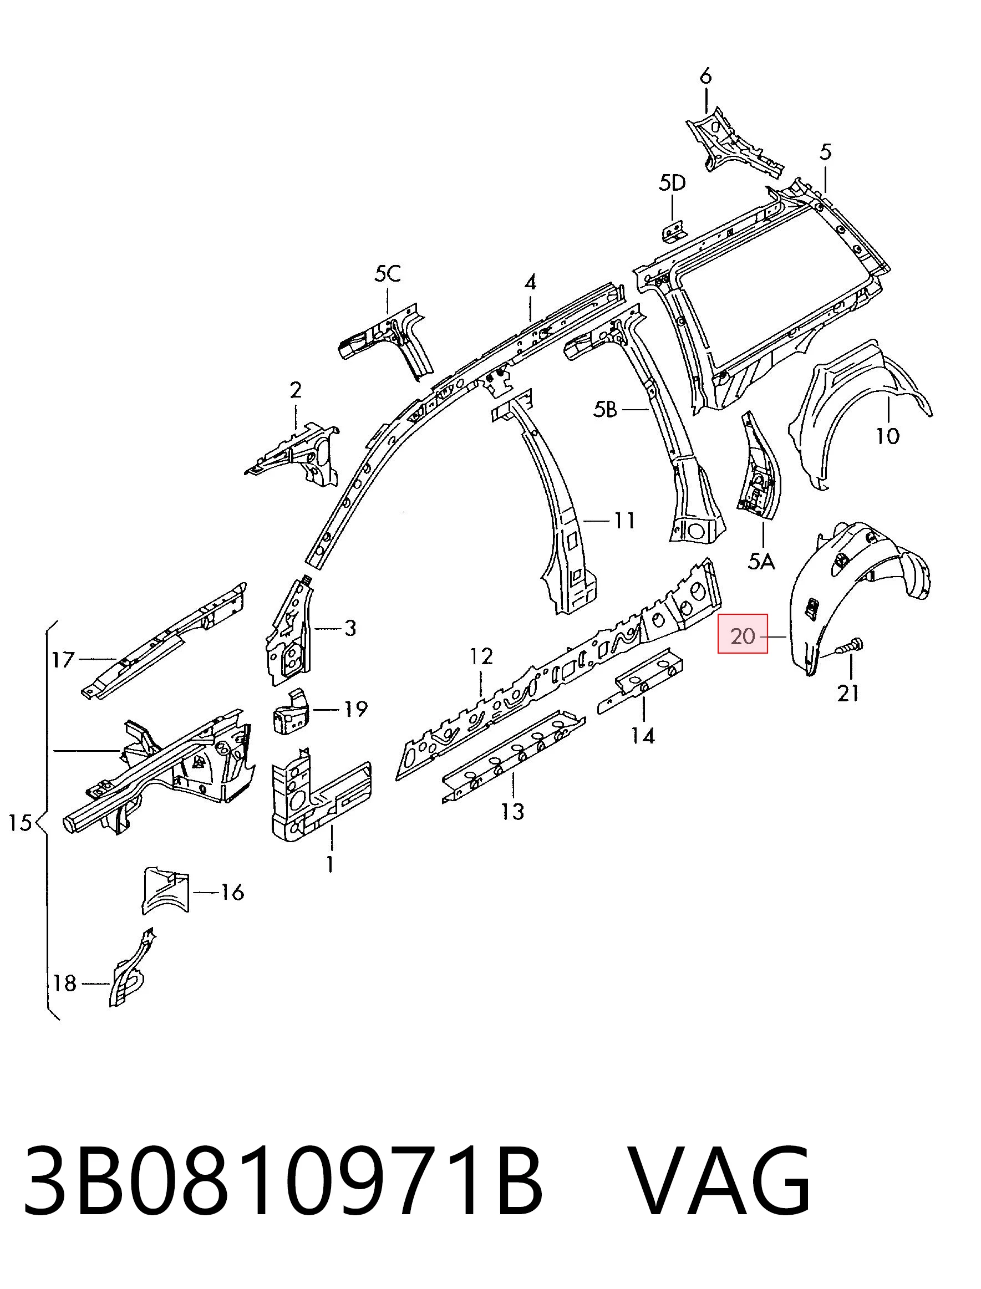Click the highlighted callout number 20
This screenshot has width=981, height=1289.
pos(742,635)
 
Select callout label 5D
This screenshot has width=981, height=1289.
pos(672,184)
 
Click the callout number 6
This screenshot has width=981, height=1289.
pos(705,77)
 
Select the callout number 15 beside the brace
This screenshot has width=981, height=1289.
pos(20,823)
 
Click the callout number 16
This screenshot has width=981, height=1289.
pos(232,892)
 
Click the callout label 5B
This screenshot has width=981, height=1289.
pos(605,410)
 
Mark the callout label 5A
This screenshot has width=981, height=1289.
pos(761,562)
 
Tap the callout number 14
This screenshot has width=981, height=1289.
pos(643,736)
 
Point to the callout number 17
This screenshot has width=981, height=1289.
pos(63,660)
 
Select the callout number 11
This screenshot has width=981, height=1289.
pos(624,519)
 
